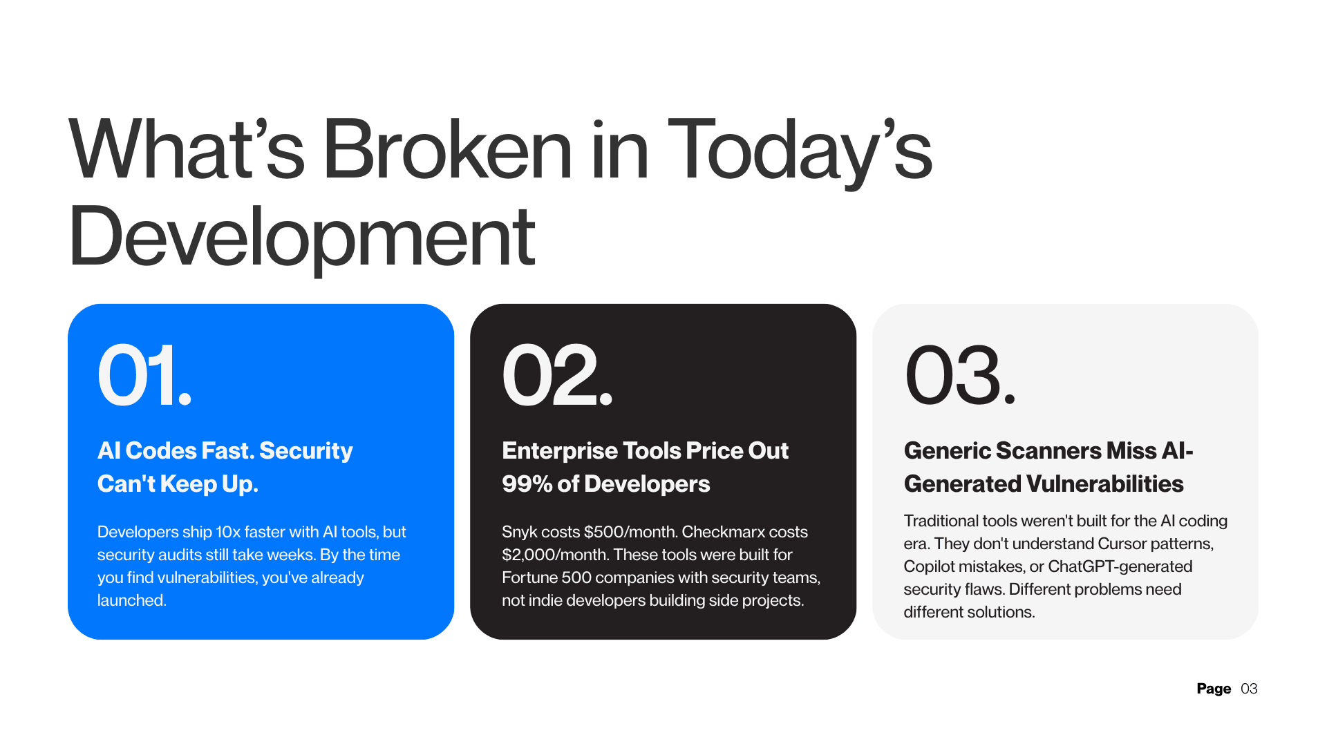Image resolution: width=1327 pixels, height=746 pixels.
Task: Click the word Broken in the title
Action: coord(447,150)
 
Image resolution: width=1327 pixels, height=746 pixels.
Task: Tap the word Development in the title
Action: coord(301,237)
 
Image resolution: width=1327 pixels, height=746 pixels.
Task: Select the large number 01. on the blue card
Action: coord(144,376)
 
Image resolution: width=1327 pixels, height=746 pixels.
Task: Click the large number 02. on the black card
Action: coord(556,376)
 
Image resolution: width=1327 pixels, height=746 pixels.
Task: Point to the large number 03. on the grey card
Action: coord(959,376)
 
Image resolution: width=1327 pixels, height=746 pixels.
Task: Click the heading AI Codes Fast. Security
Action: coord(225,450)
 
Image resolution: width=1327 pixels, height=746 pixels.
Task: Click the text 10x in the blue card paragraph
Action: coord(227,532)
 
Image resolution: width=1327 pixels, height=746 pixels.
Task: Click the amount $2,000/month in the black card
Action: coord(554,555)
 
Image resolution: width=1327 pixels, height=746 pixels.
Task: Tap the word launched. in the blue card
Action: coord(131,600)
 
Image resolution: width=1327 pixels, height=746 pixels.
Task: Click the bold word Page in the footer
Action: coord(1213,689)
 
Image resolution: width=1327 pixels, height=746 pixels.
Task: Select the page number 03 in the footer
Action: coord(1249,689)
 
